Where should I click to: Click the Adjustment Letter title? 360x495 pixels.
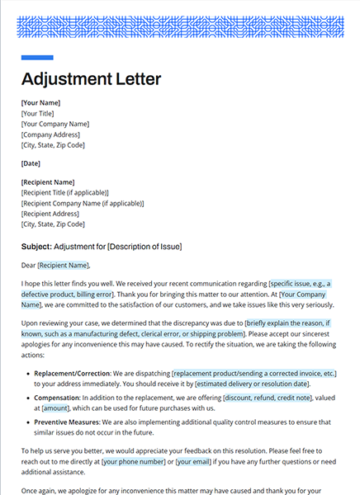pos(91,80)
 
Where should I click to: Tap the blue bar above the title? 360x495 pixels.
pos(37,58)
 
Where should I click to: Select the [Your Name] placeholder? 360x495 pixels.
pos(41,103)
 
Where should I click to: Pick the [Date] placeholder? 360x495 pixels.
pos(31,163)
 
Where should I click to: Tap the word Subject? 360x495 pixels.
pos(36,247)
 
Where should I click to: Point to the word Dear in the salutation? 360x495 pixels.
pos(28,266)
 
